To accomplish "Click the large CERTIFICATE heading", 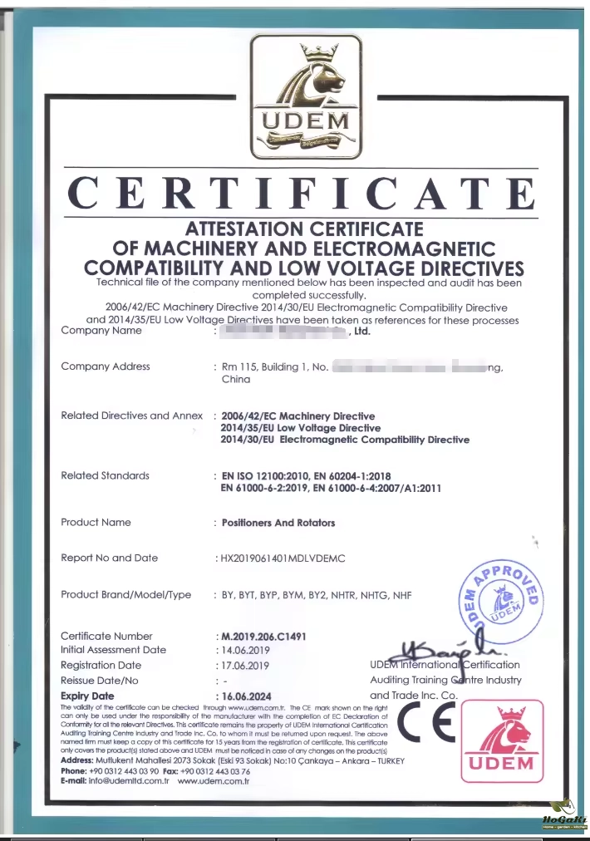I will coord(302,194).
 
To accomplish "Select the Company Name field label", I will coord(101,331).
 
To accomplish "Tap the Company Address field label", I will coord(106,366).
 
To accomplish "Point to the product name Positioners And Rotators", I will coord(278,523).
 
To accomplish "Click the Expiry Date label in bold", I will coord(87,696).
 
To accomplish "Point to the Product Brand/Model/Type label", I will coord(126,595).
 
